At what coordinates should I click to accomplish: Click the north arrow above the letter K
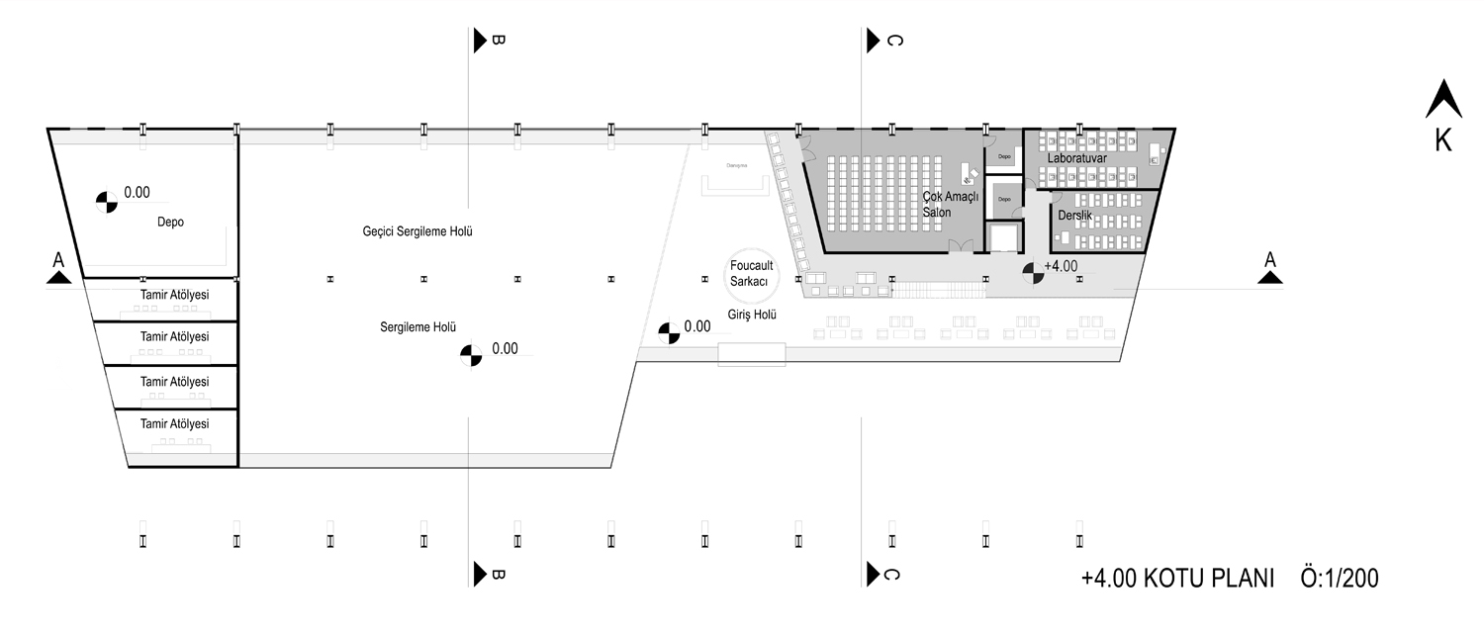coord(1442,101)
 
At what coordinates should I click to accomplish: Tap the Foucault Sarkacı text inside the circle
coord(750,273)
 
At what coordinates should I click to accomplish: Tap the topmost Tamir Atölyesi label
coord(175,294)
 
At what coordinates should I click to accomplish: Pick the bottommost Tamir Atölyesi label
coord(175,423)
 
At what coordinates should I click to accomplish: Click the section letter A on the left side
coord(58,259)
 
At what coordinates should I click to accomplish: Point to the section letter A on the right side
coord(1271,259)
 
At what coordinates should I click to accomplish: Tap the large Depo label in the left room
coord(170,222)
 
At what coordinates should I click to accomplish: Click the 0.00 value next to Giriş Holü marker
coord(697,325)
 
